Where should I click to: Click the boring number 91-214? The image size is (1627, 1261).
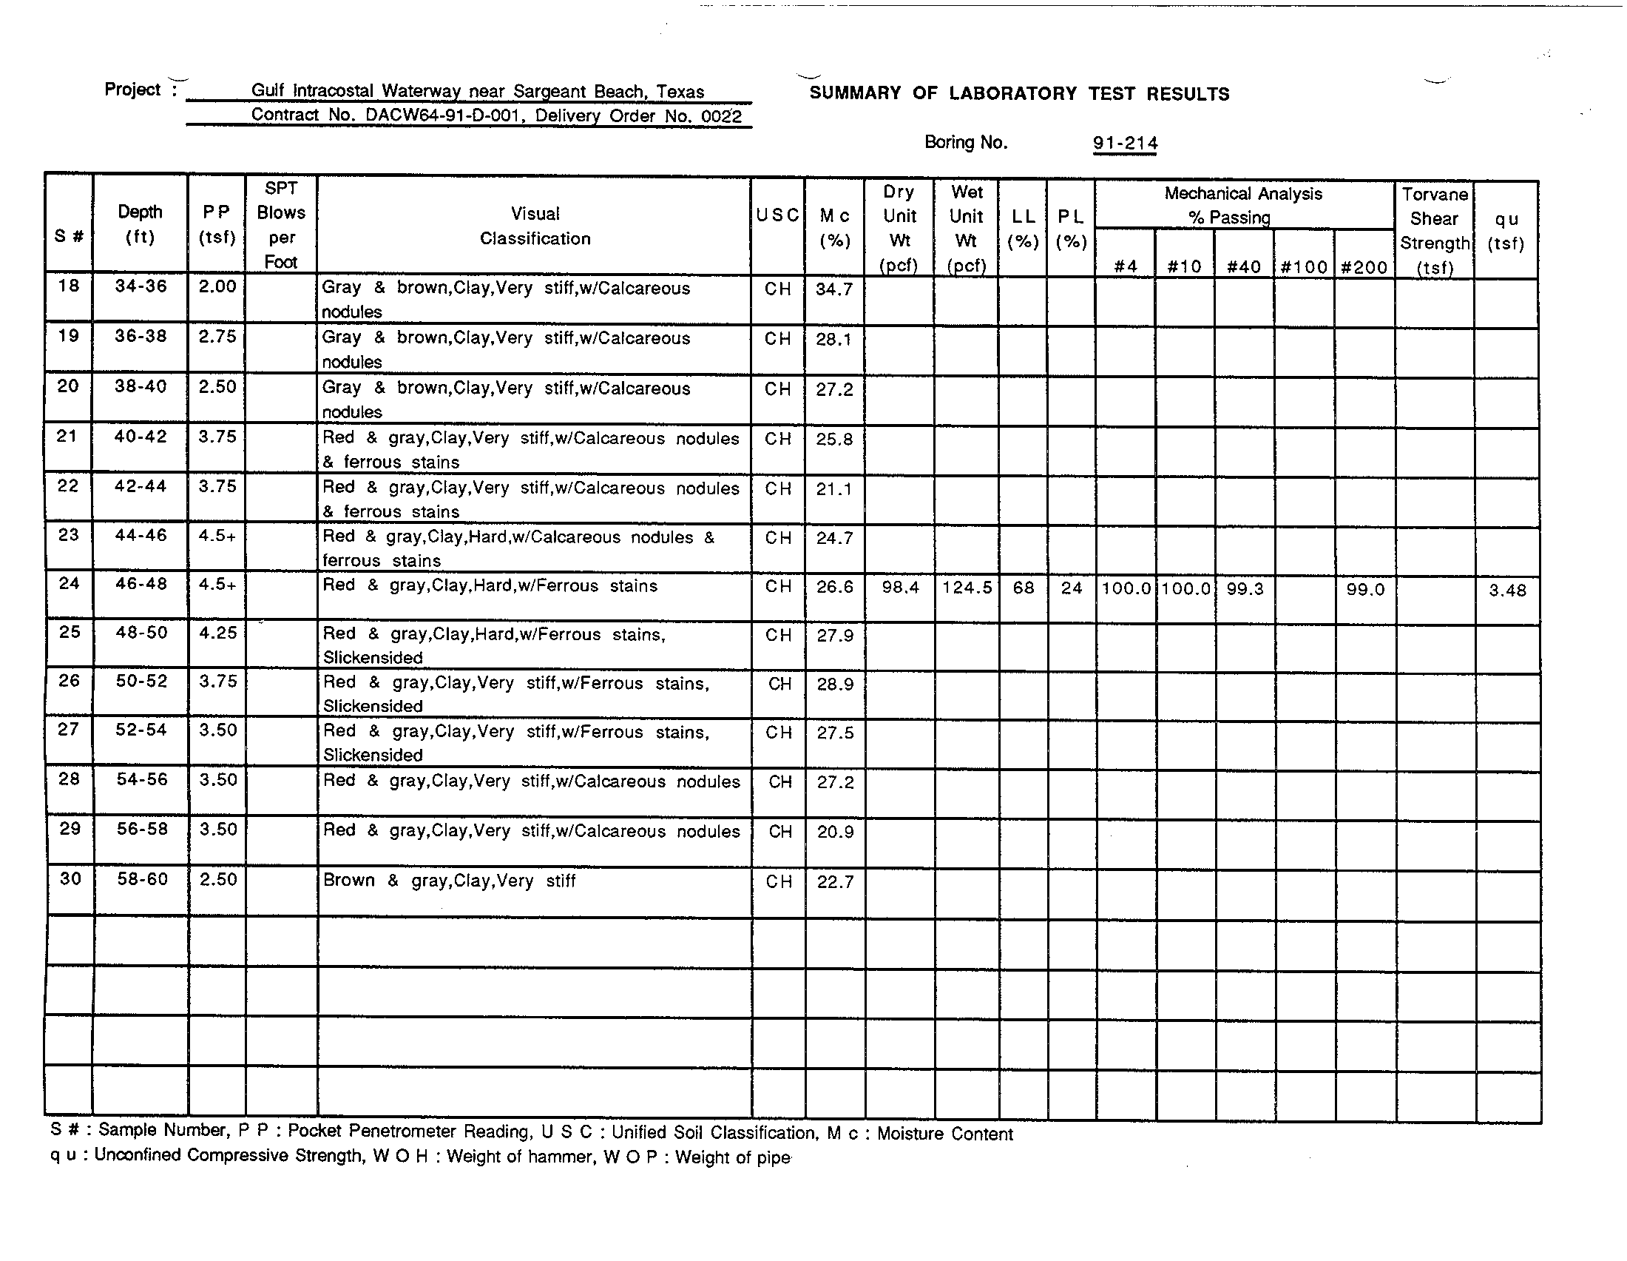[x=1125, y=143]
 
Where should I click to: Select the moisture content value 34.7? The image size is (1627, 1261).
[x=833, y=289]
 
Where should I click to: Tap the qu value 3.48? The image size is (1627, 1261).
[x=1507, y=591]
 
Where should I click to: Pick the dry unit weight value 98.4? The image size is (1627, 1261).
[x=900, y=588]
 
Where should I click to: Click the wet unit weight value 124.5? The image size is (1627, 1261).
[x=967, y=588]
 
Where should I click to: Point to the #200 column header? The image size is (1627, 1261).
[x=1363, y=268]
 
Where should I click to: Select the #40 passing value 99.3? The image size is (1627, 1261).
[x=1245, y=589]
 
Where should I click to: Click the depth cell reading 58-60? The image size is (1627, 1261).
[x=141, y=879]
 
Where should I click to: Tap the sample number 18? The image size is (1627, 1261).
[x=69, y=286]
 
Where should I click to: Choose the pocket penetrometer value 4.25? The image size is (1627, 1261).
[x=217, y=633]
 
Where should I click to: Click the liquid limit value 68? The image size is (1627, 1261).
[x=1023, y=588]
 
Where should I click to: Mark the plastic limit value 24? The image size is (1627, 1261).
[x=1072, y=588]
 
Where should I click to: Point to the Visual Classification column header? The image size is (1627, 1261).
[x=535, y=226]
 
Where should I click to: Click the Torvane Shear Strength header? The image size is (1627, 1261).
[x=1435, y=230]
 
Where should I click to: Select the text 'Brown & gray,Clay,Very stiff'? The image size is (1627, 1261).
[x=448, y=881]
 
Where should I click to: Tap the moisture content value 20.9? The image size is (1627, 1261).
[x=835, y=832]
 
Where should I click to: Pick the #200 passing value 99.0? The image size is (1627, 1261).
[x=1364, y=590]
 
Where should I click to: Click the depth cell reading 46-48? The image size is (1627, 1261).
[x=141, y=585]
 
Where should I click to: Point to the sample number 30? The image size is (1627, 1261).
[x=70, y=879]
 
